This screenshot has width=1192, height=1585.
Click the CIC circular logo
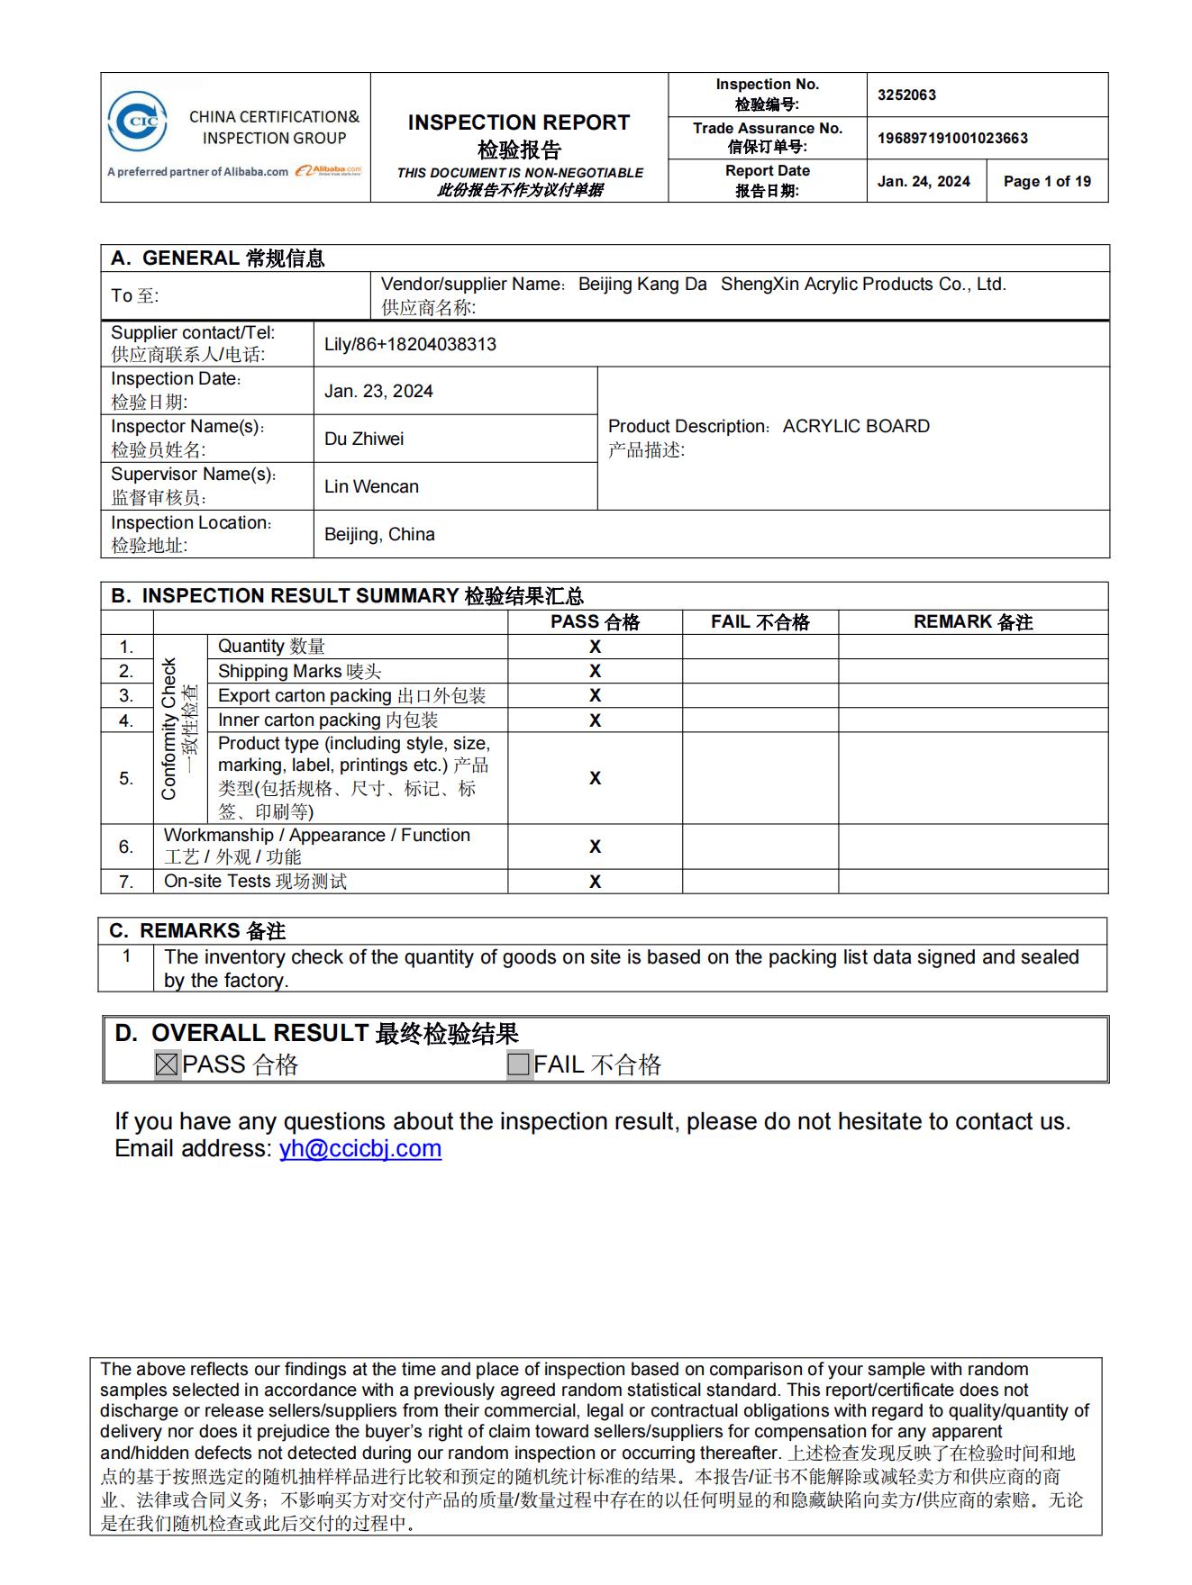(x=137, y=121)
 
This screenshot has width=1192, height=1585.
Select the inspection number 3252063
(x=906, y=95)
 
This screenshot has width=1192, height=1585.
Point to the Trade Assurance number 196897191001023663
(x=952, y=138)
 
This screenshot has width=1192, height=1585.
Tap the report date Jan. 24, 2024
(x=924, y=181)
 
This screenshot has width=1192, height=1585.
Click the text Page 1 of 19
(x=1047, y=181)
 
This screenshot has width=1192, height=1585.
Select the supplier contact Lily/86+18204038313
(x=410, y=344)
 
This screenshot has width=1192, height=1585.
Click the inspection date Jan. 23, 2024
(x=378, y=391)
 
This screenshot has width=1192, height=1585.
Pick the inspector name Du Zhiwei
(x=364, y=439)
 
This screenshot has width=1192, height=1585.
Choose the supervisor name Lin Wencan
(x=371, y=486)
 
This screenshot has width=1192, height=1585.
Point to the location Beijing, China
(x=379, y=534)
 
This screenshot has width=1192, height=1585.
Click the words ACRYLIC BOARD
(x=856, y=426)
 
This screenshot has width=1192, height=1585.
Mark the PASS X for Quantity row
(x=595, y=647)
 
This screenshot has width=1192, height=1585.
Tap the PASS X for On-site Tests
(x=595, y=882)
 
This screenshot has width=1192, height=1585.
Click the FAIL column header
(x=760, y=622)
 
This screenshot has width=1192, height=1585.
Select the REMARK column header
(x=972, y=622)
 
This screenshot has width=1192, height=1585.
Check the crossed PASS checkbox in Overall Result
(x=167, y=1064)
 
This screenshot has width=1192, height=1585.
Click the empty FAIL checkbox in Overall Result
(x=519, y=1064)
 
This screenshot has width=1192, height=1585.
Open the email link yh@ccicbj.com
(x=360, y=1148)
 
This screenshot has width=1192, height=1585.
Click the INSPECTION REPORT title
(x=519, y=122)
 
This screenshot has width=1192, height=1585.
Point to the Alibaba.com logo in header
(x=328, y=170)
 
